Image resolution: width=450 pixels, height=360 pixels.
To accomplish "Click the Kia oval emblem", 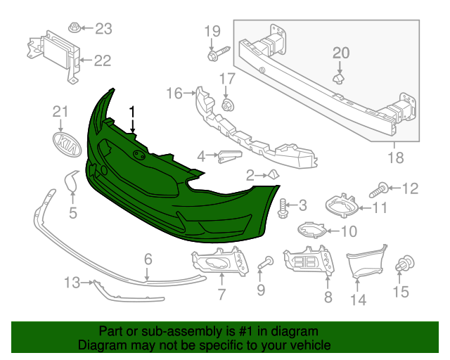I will pos(66,145).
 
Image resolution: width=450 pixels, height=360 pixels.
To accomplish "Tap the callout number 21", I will pos(62,111).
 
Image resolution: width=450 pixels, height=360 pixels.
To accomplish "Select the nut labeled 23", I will pos(74,28).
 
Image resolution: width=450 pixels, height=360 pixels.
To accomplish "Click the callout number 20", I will pos(340,53).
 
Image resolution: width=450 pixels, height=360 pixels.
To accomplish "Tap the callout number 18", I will pos(397,158).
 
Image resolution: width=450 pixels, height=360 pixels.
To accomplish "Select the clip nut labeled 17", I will pos(226,105).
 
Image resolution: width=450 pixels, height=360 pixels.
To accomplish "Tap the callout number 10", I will pos(349,231).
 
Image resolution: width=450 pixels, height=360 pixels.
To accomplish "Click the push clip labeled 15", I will pos(404,264).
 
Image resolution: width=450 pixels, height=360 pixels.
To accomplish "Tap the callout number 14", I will pos(359,300).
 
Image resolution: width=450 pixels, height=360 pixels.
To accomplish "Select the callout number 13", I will pos(72,283).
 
